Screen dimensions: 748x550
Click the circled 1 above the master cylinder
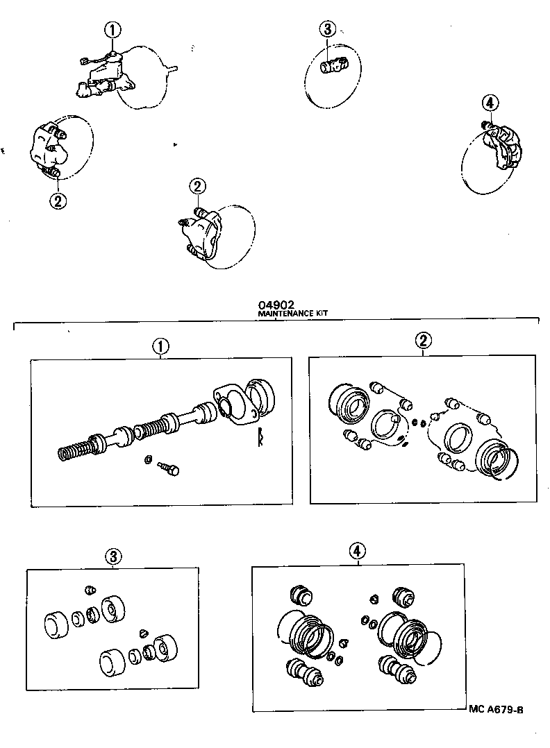(113, 30)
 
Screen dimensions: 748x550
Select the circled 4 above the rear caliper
(490, 103)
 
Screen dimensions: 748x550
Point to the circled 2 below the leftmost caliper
(58, 201)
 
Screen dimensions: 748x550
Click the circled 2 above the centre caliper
(199, 186)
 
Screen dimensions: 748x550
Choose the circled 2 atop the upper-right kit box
(423, 340)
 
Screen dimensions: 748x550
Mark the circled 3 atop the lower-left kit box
(113, 556)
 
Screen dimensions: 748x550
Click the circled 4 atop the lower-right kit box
(356, 551)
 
